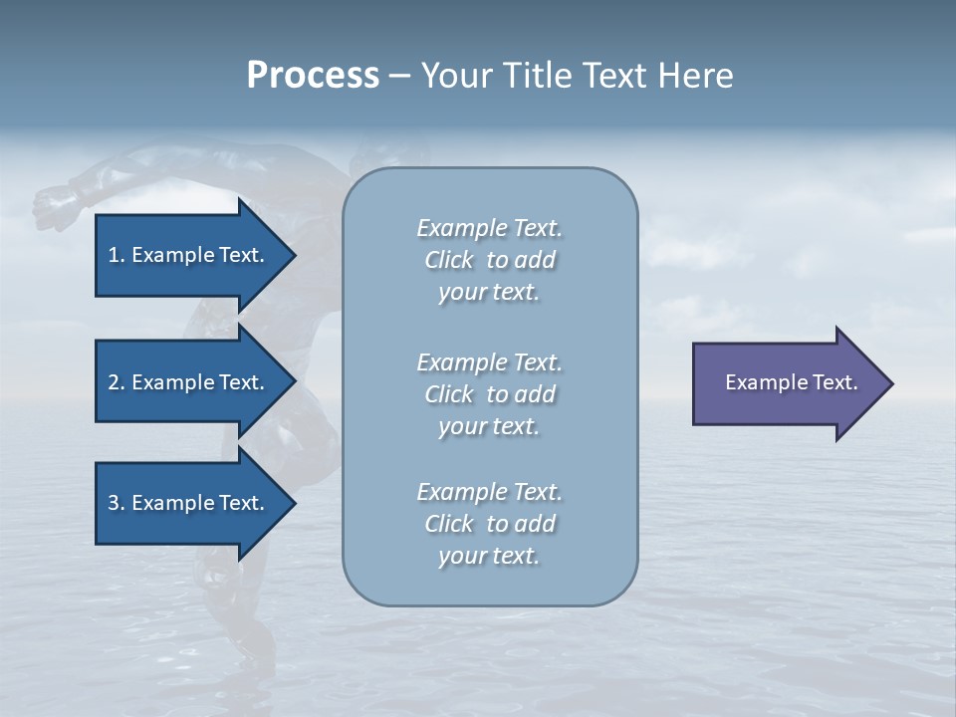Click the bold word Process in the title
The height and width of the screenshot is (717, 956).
(313, 76)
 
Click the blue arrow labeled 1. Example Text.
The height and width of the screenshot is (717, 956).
(189, 255)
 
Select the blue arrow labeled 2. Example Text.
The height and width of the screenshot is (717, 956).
(189, 382)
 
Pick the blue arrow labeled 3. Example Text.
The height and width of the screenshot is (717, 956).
(189, 503)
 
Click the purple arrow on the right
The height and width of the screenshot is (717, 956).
(787, 383)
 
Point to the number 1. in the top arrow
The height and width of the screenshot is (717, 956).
(117, 255)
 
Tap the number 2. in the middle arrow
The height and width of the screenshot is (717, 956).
(117, 382)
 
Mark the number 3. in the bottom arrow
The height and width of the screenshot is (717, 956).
(117, 503)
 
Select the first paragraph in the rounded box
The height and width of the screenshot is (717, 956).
(489, 260)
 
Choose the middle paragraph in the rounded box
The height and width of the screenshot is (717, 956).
(489, 394)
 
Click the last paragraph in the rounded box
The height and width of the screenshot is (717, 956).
(489, 524)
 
